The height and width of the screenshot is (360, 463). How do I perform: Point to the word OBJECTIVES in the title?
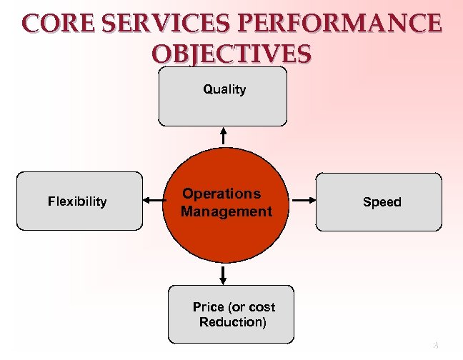[x=231, y=54]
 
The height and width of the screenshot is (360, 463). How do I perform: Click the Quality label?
[x=224, y=89]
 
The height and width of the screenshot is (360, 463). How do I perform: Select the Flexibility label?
[x=77, y=201]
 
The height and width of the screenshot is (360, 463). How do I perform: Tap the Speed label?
[x=382, y=202]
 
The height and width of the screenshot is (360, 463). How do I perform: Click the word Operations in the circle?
[x=221, y=194]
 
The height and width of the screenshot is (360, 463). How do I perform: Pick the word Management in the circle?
[x=226, y=211]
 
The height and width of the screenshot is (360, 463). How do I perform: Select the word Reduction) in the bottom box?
[x=233, y=322]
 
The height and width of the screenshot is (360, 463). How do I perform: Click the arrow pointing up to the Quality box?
[x=224, y=134]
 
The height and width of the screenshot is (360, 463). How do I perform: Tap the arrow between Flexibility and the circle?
[x=153, y=201]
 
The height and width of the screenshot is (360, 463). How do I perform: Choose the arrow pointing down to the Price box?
[x=224, y=274]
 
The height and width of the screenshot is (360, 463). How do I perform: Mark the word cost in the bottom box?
[x=262, y=307]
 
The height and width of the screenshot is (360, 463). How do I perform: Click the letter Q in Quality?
[x=207, y=89]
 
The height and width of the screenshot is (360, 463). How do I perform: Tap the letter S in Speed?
[x=367, y=202]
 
